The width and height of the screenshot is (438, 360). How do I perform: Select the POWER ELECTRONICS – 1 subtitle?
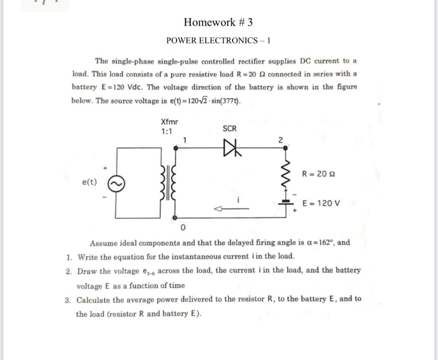pos(218,41)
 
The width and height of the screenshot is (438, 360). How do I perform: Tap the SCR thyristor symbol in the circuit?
pos(231,148)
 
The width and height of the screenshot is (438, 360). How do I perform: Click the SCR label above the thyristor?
pos(230,129)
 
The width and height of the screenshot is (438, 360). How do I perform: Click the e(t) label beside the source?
pos(89,183)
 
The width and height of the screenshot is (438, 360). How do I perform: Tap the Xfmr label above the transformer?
pos(169,123)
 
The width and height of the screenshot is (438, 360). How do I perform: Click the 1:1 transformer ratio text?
pos(167,132)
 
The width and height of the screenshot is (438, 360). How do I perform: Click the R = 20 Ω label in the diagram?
pos(318,174)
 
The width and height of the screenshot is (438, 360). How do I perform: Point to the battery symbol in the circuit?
pos(286,204)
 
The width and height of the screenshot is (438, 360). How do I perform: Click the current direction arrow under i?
pos(231,209)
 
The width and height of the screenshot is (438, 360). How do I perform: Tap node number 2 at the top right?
pos(281,140)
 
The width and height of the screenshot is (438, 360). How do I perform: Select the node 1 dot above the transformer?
pos(175,148)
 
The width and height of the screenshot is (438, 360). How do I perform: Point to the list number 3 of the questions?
pos(68,300)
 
